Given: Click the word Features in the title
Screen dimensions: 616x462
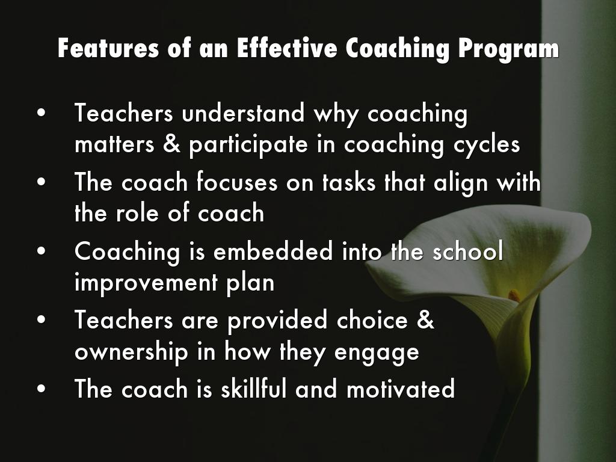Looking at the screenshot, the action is click(108, 48).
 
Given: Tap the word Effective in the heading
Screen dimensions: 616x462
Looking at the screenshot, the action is click(287, 48).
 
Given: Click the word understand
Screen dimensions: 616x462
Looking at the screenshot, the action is click(243, 112).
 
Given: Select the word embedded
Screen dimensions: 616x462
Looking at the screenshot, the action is click(274, 251).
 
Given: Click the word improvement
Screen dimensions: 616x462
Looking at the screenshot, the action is click(146, 283).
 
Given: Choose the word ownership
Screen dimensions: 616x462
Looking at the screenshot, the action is click(132, 352).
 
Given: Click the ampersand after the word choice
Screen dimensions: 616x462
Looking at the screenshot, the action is click(425, 319).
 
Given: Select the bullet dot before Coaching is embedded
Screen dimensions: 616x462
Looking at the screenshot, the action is click(42, 251).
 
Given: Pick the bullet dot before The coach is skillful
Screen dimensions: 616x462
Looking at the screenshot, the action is click(42, 389).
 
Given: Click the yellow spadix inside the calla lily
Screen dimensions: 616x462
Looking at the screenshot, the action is click(514, 295).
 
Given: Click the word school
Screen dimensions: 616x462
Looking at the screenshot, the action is click(467, 251).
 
